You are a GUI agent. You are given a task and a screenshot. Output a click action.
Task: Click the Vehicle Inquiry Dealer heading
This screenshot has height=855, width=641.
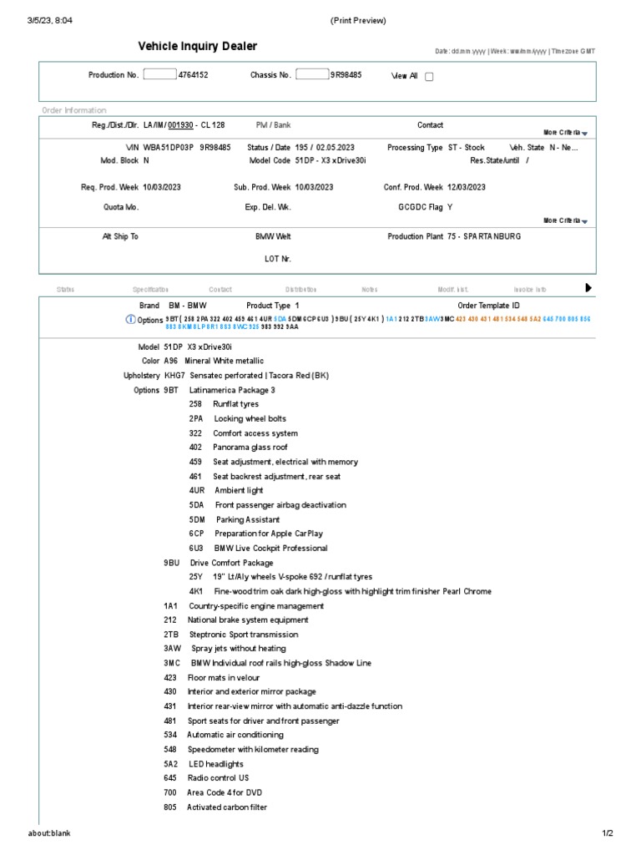[x=197, y=47]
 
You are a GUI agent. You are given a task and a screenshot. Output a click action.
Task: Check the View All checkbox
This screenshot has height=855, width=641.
[x=430, y=77]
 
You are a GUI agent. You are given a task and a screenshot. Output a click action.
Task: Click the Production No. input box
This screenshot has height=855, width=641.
[x=159, y=74]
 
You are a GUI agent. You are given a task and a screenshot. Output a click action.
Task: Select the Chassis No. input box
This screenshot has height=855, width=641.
[x=312, y=74]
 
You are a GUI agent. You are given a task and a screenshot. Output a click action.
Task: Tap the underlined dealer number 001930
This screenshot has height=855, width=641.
[x=181, y=125]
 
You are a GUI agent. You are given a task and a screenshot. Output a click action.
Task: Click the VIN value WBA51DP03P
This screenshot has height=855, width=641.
[x=169, y=147]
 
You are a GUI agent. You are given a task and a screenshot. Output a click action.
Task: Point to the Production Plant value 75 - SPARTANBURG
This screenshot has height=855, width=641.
[x=484, y=236]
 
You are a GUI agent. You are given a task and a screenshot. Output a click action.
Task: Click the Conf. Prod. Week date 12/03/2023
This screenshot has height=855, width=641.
[x=467, y=187]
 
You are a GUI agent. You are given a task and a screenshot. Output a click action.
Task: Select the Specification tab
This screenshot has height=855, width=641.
[x=150, y=290]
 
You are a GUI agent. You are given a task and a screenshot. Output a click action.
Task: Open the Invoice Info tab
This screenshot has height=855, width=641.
[x=529, y=290]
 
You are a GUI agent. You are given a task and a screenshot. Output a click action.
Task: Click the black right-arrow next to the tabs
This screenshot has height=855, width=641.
[x=588, y=288]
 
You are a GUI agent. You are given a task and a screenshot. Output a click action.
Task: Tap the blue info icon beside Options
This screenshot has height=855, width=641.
[x=130, y=319]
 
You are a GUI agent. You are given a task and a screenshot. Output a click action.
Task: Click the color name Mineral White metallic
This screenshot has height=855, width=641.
[x=224, y=361]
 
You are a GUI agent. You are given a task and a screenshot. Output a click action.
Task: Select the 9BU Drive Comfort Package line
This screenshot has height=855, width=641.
[x=219, y=563]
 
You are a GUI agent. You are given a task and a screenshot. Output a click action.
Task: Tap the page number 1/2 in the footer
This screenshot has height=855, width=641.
[x=607, y=833]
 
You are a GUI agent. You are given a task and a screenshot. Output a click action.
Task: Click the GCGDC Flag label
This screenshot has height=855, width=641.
[x=421, y=208]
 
